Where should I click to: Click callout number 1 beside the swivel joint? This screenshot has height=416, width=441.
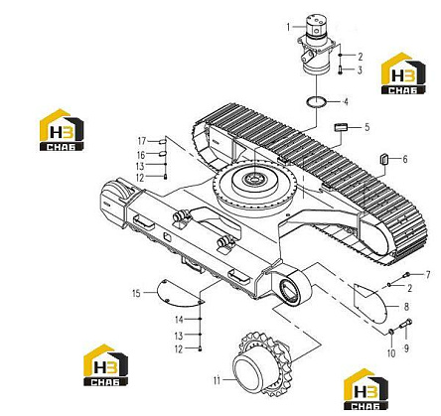pos(288,27)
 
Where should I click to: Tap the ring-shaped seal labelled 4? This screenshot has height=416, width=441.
pos(317,101)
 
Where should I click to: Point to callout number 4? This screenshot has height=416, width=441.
pos(346,101)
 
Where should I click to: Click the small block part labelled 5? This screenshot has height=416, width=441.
pos(341,127)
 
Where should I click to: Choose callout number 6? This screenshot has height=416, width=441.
pos(405,159)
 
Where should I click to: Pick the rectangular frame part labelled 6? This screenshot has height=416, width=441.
pos(383,159)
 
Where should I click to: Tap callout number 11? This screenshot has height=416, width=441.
pos(217,381)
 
